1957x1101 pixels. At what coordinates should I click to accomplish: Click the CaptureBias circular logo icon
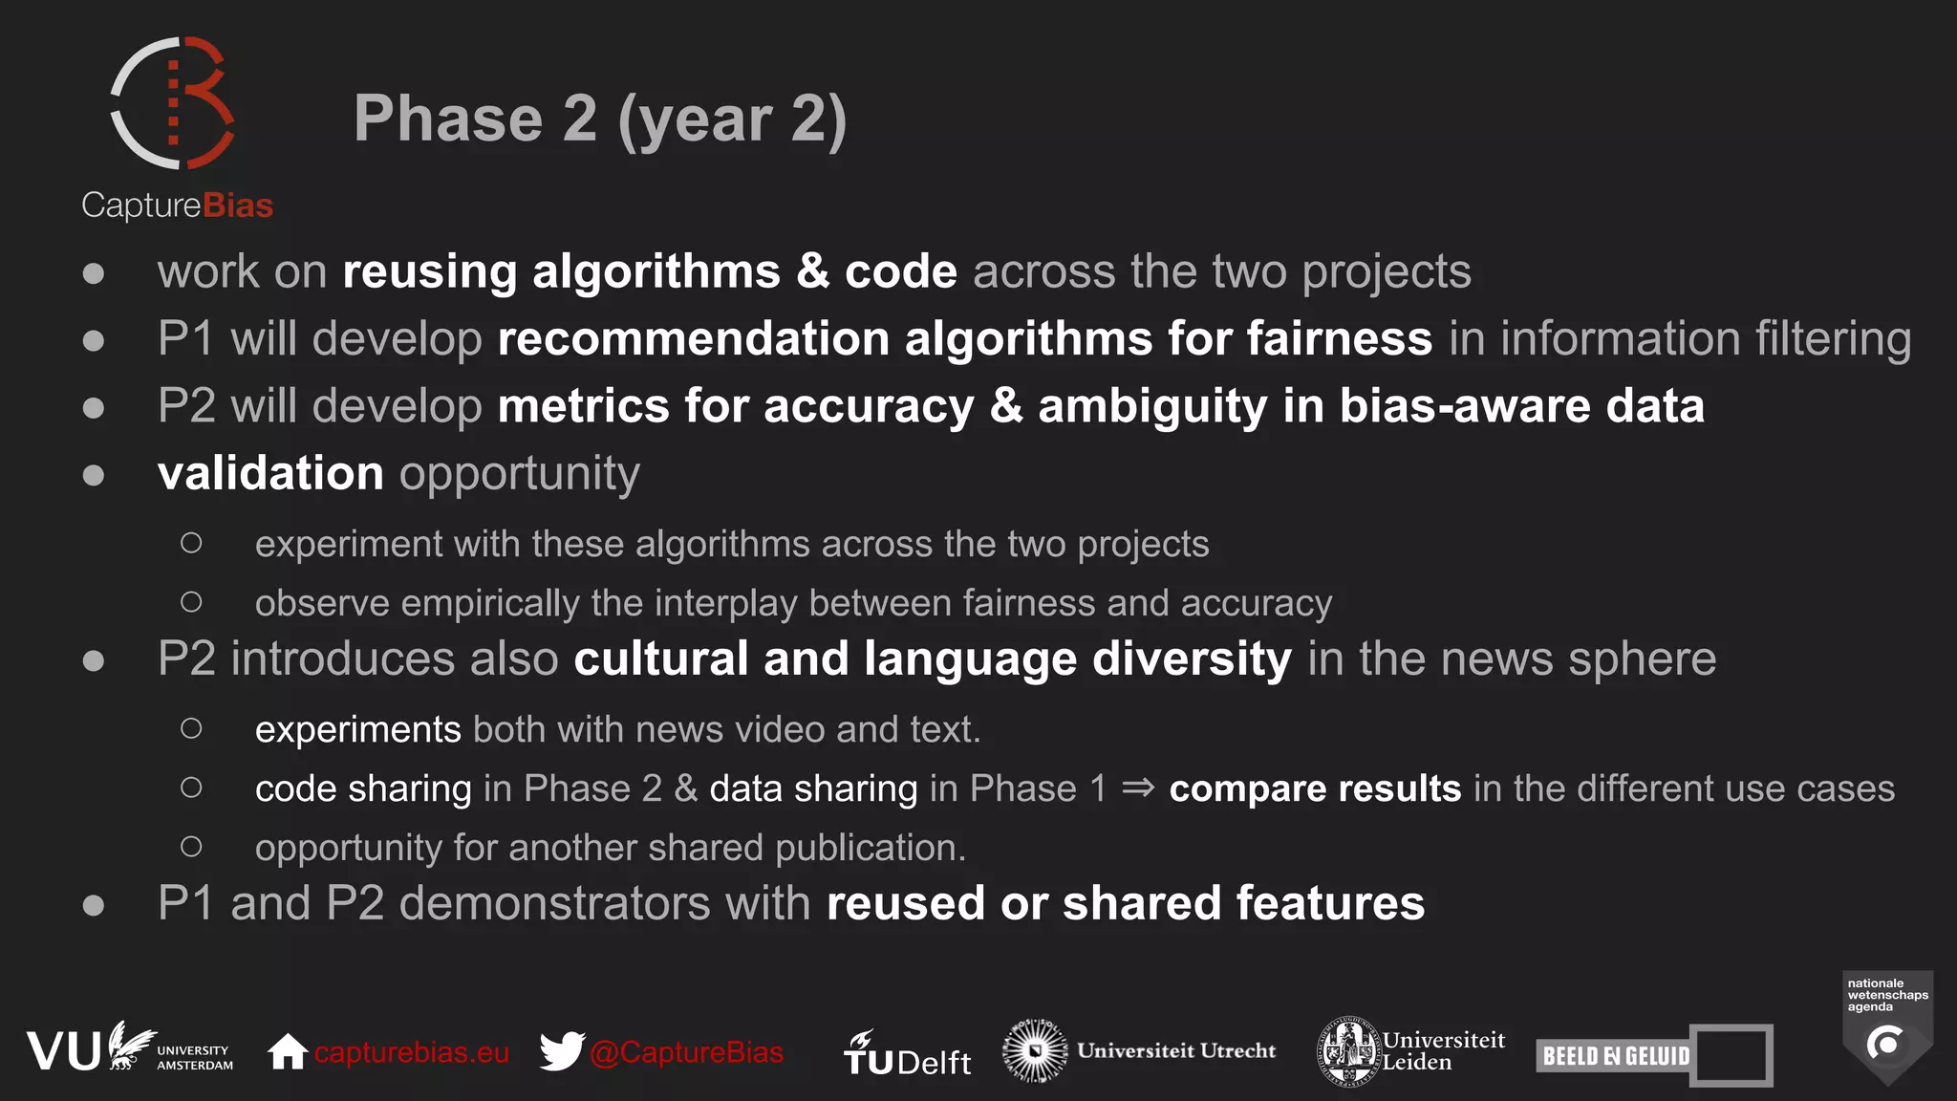tap(173, 103)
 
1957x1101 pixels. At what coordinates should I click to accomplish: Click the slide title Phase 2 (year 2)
tap(600, 119)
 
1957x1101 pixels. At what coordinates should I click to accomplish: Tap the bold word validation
tap(270, 474)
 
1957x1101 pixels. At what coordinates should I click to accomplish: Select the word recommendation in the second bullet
tap(694, 339)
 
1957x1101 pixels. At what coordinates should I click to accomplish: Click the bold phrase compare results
tap(1315, 789)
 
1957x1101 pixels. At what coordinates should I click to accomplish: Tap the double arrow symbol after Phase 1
tap(1137, 788)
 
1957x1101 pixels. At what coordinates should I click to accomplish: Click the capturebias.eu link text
tap(411, 1052)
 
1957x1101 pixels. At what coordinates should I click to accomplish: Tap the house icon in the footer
tap(287, 1051)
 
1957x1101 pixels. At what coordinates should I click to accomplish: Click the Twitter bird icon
tap(562, 1051)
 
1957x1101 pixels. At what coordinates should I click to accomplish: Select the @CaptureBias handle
tap(686, 1052)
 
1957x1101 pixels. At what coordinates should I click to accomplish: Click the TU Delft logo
tap(907, 1054)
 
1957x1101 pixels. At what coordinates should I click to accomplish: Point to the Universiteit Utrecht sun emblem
tap(1034, 1050)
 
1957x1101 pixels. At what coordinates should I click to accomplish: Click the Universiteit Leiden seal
tap(1348, 1051)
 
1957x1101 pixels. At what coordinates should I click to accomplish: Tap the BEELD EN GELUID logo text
tap(1616, 1056)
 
